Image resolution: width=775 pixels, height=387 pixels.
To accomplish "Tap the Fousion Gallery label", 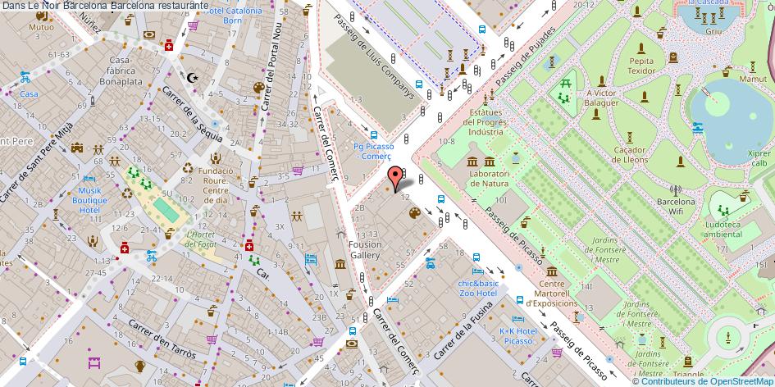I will (x=365, y=249).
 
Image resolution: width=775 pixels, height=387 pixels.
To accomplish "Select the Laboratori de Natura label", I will (x=485, y=178).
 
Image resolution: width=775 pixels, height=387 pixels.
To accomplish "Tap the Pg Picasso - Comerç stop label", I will (x=373, y=151).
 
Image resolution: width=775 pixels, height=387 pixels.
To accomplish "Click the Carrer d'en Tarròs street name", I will (x=162, y=339).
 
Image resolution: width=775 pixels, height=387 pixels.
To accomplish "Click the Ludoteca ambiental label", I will (x=723, y=228).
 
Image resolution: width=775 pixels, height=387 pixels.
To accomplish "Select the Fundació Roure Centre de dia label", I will (x=217, y=185).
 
